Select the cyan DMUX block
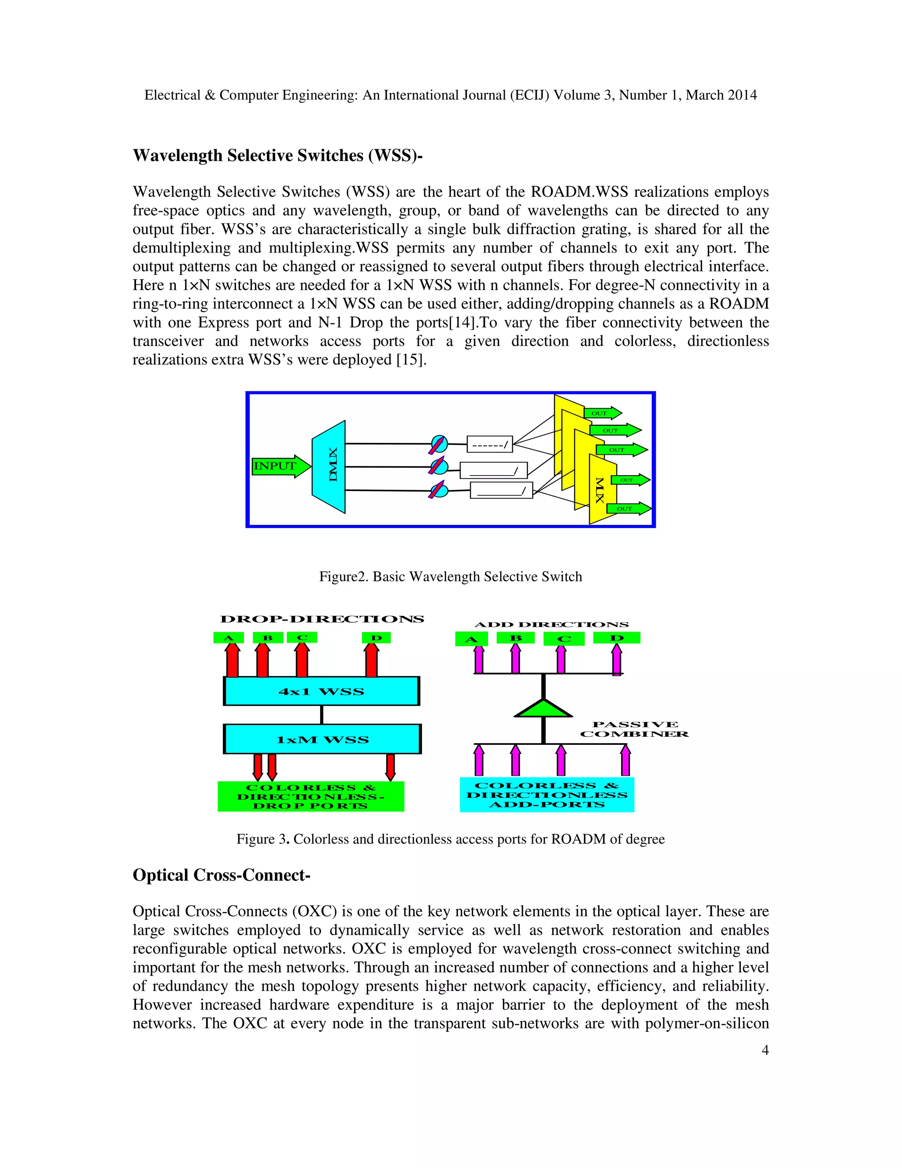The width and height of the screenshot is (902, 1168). [x=329, y=467]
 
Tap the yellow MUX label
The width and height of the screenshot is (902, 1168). [x=600, y=490]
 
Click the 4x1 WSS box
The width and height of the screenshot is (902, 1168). [x=321, y=691]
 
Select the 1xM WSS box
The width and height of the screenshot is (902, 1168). [x=322, y=740]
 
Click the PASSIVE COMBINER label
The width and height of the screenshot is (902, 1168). [x=634, y=729]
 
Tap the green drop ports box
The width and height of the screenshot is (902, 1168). [x=311, y=796]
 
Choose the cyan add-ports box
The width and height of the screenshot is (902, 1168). [x=547, y=795]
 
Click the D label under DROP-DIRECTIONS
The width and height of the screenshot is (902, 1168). [x=376, y=637]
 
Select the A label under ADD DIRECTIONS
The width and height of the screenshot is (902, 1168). [x=471, y=639]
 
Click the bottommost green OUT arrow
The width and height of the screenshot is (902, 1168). [x=628, y=509]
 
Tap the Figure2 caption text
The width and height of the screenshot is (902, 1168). [x=451, y=577]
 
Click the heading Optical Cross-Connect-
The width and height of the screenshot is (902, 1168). [x=221, y=875]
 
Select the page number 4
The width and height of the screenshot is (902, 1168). [x=765, y=1050]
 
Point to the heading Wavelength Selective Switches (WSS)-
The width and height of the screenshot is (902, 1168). [x=277, y=156]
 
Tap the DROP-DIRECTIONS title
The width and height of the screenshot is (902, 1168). [x=322, y=619]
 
